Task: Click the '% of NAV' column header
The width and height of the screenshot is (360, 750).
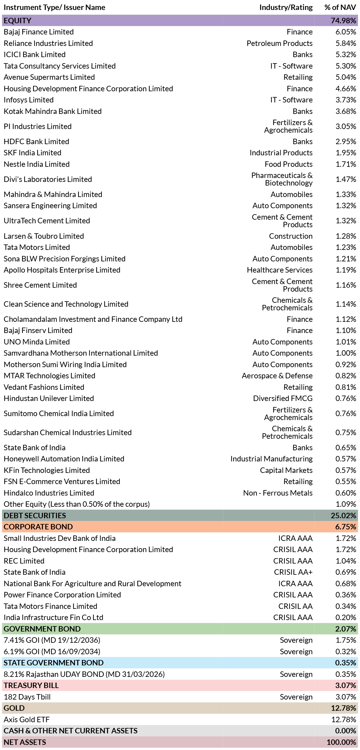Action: pyautogui.click(x=340, y=8)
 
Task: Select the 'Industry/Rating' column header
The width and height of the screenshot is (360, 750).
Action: pyautogui.click(x=286, y=8)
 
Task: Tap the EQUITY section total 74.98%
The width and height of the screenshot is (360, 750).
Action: pyautogui.click(x=344, y=21)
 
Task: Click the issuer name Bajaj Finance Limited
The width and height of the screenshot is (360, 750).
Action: pyautogui.click(x=39, y=32)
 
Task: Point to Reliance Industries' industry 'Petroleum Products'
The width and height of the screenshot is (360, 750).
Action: pyautogui.click(x=280, y=43)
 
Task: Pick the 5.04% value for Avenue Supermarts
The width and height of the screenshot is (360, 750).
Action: pyautogui.click(x=346, y=77)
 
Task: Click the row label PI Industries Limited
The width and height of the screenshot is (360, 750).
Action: pyautogui.click(x=37, y=126)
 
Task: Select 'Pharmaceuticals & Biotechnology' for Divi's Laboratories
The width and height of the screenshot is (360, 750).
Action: pyautogui.click(x=282, y=179)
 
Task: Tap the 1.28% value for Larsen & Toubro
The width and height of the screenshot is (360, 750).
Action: pyautogui.click(x=346, y=236)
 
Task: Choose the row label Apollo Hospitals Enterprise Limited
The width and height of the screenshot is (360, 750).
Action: pyautogui.click(x=62, y=270)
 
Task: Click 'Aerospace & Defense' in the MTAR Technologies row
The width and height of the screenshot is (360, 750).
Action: pyautogui.click(x=277, y=376)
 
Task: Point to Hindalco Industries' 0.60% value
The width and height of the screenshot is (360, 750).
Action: pyautogui.click(x=346, y=493)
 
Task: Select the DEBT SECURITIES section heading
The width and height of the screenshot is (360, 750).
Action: pyautogui.click(x=35, y=516)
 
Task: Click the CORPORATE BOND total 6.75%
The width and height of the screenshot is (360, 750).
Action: pyautogui.click(x=346, y=527)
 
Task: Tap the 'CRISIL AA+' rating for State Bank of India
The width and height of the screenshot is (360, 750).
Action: pyautogui.click(x=293, y=572)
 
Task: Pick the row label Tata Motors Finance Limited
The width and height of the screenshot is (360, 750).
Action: pyautogui.click(x=50, y=606)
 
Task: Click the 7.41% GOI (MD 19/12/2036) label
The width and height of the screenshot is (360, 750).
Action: pyautogui.click(x=52, y=640)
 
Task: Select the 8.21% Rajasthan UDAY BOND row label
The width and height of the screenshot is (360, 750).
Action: pyautogui.click(x=84, y=674)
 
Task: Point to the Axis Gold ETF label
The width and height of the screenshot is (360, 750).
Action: pyautogui.click(x=27, y=719)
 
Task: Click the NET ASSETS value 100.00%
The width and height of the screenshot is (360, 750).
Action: pyautogui.click(x=342, y=742)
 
